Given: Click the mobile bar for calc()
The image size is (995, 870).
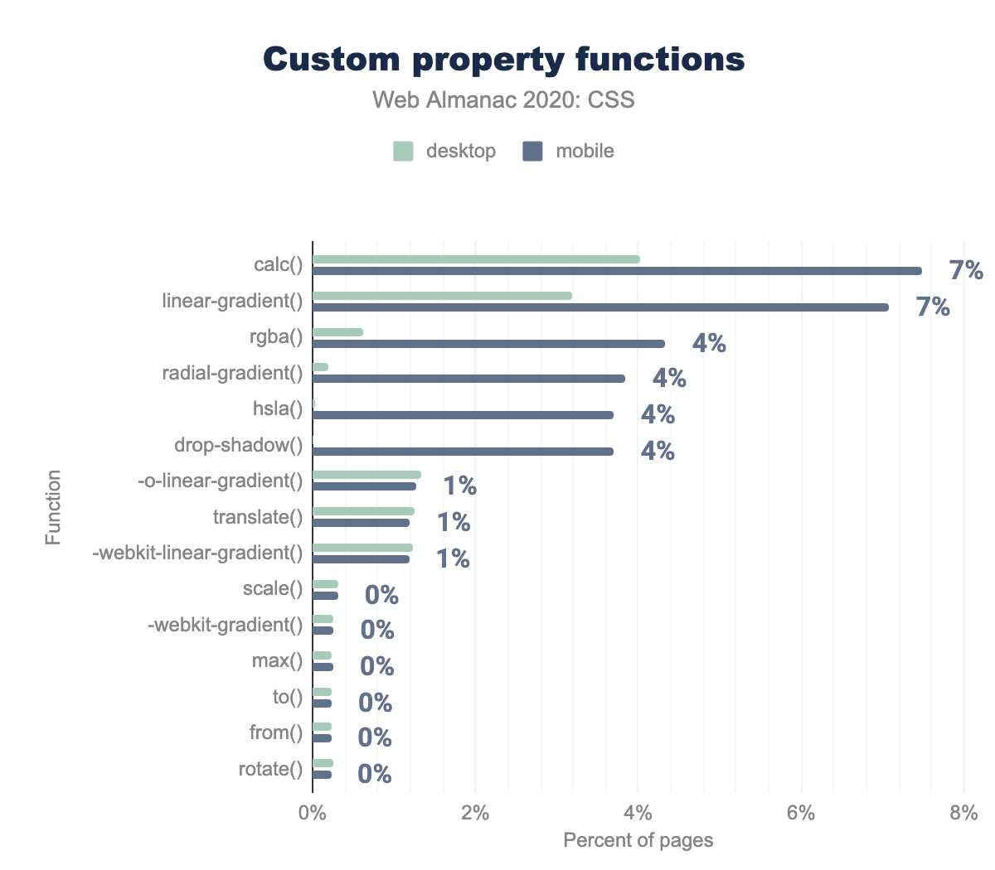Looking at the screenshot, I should click(x=617, y=271).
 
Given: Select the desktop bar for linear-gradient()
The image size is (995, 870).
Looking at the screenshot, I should click(x=442, y=296).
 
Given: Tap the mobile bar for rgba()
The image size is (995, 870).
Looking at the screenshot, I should click(x=488, y=344).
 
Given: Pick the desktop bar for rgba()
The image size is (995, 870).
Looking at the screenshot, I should click(x=338, y=332).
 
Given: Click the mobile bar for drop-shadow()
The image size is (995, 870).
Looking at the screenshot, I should click(x=463, y=452).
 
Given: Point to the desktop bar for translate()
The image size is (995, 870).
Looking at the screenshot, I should click(x=363, y=511).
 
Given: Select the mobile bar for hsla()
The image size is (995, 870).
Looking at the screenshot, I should click(x=463, y=415).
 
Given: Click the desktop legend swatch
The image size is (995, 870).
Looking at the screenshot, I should click(x=403, y=151).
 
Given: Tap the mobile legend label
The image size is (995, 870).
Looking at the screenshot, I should click(x=585, y=151).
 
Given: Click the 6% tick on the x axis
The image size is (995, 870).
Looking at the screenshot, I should click(x=801, y=813).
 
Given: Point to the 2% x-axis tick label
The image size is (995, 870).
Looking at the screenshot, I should click(x=475, y=813).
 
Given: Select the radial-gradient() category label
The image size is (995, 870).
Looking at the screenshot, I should click(x=232, y=373).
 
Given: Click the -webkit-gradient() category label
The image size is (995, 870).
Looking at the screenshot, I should click(x=225, y=625).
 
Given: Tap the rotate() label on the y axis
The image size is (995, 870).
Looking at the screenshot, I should click(x=270, y=769).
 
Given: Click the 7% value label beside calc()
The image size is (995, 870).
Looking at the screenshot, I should click(x=966, y=270).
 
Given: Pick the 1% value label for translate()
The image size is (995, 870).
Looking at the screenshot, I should click(x=454, y=522).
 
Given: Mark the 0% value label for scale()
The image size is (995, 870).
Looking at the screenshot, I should click(x=381, y=595).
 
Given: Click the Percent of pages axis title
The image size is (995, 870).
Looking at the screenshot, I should click(x=638, y=840).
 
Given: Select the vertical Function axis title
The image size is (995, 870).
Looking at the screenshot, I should click(x=54, y=507).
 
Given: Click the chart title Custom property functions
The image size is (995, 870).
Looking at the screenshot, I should click(x=504, y=60).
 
